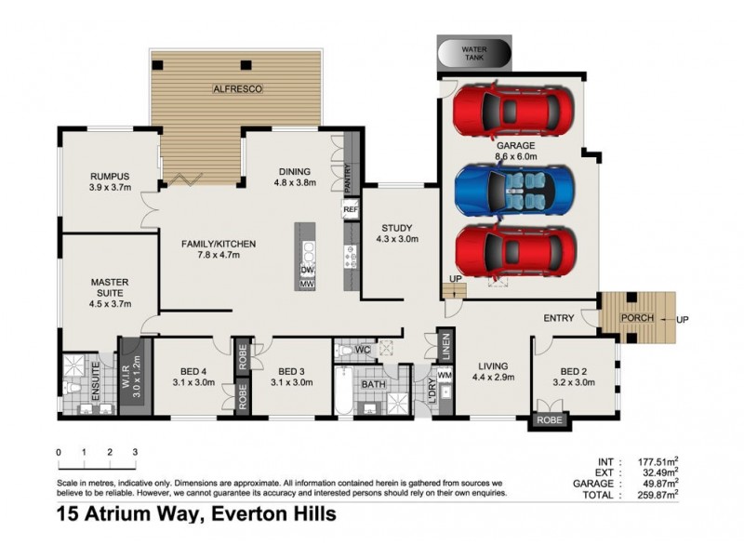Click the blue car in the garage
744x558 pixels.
click(511, 189)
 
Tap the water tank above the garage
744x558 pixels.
click(475, 53)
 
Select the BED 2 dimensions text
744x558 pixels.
click(575, 382)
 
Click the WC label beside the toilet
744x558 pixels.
click(362, 351)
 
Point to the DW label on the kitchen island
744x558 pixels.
click(306, 269)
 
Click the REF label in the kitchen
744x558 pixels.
click(350, 210)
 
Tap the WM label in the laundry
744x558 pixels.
click(444, 375)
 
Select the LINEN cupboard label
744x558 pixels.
click(445, 346)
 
